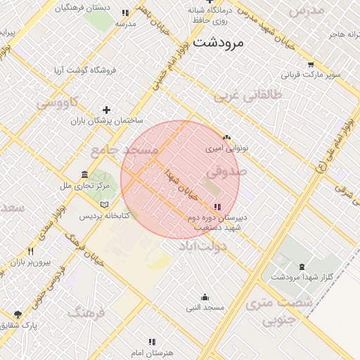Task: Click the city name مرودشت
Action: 218,42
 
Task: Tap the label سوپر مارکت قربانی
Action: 311,74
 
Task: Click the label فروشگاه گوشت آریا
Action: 85,71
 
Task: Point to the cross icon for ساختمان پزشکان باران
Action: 106,110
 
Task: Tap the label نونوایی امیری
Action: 226,149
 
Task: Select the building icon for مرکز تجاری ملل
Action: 84,174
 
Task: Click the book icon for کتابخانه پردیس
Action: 104,204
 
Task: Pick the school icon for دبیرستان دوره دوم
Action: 217,207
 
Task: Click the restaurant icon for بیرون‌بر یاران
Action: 30,251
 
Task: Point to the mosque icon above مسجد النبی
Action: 205,297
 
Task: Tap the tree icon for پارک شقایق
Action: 18,314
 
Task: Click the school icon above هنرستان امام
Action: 151,342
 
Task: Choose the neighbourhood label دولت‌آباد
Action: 202,245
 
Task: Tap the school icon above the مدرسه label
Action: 125,13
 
